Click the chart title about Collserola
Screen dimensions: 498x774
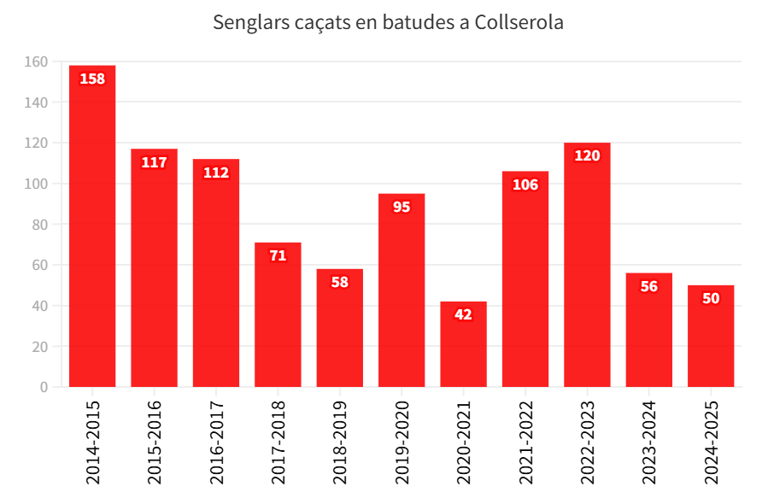coord(388,23)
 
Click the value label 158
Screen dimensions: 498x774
coord(92,79)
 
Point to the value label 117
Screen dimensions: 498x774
coord(154,162)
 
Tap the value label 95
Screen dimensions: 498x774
coord(402,207)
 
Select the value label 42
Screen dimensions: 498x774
coord(463,314)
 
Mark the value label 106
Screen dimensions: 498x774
coord(525,185)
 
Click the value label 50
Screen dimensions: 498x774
coord(711,298)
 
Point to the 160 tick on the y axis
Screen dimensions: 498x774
coord(37,62)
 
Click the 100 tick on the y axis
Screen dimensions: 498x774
coord(37,184)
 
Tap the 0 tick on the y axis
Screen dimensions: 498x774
coord(44,387)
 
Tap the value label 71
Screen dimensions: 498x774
coord(278,255)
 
